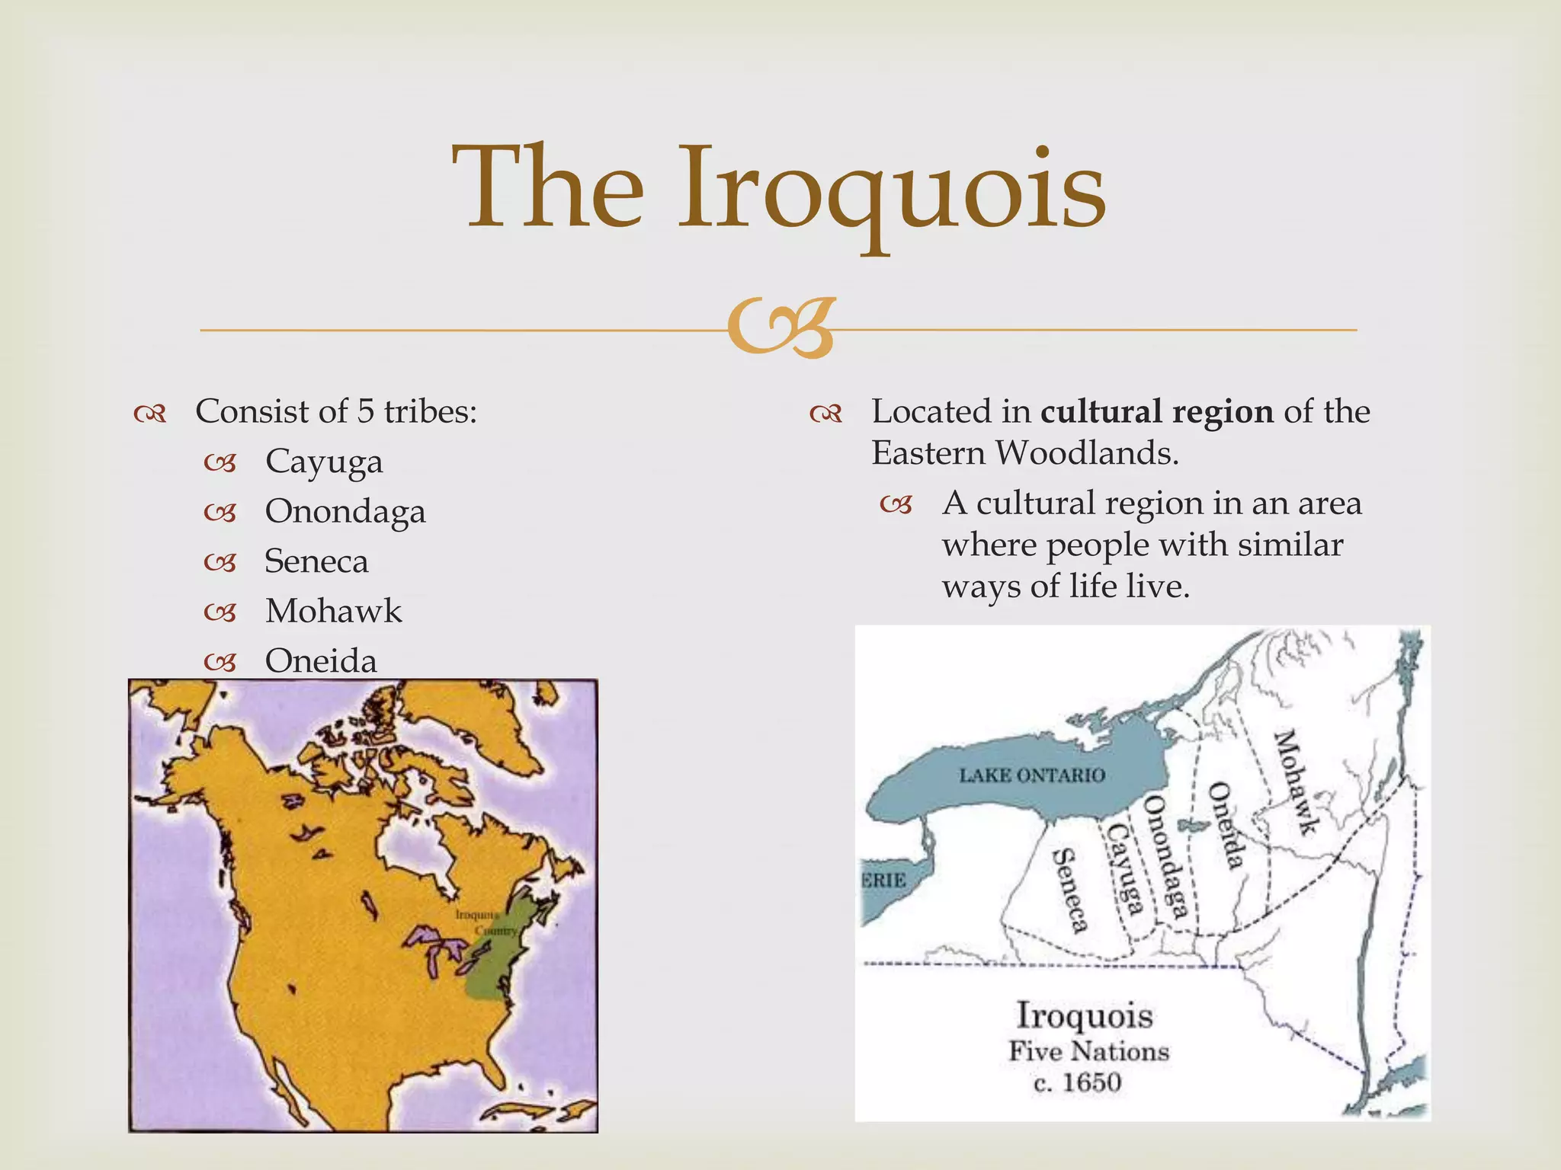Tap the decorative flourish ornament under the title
tap(780, 329)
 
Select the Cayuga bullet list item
tap(324, 462)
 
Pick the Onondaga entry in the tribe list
tap(345, 511)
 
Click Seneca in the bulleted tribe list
tap(316, 561)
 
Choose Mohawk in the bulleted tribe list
tap(333, 611)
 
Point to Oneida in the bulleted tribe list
tap(321, 660)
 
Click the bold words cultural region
tap(1156, 411)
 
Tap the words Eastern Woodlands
tap(1024, 453)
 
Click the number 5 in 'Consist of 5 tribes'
tap(366, 411)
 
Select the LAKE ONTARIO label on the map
tap(1031, 775)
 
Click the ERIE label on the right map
tap(884, 881)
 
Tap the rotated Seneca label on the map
tap(1069, 890)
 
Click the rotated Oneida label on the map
tap(1226, 826)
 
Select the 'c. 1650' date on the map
tap(1077, 1082)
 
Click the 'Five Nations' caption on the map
tap(1088, 1051)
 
